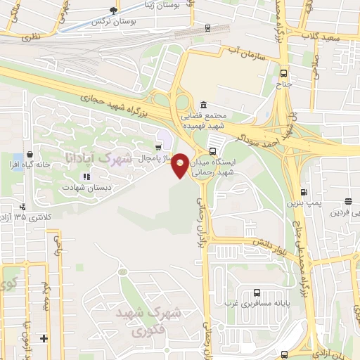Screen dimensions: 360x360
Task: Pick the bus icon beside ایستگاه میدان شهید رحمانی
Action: point(212,150)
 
